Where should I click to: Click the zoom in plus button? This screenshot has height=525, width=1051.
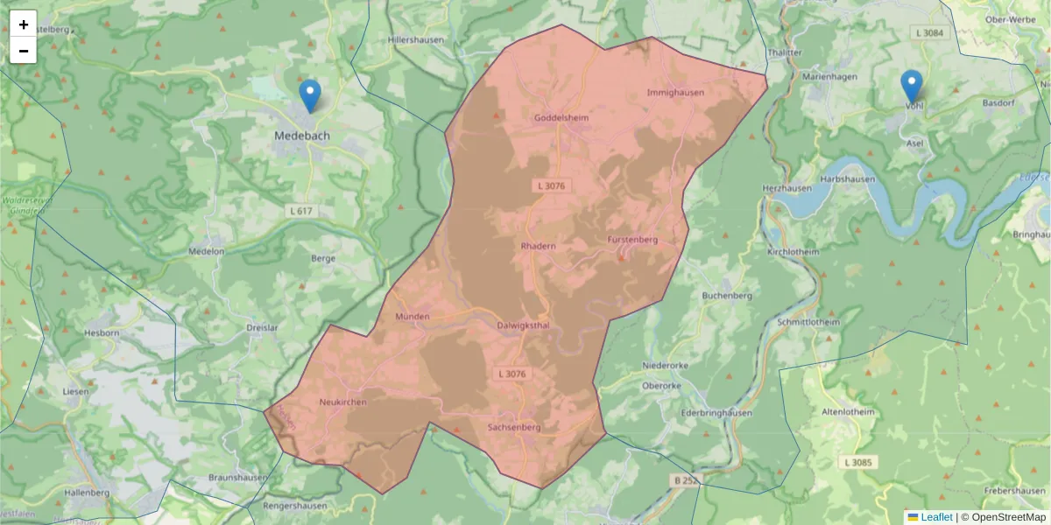[24, 24]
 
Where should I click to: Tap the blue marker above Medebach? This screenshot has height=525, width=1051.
[309, 94]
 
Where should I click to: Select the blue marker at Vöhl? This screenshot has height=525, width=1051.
[912, 86]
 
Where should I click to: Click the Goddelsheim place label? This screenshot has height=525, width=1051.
[561, 117]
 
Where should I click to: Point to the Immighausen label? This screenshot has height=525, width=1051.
[674, 92]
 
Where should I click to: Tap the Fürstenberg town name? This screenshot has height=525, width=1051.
[631, 239]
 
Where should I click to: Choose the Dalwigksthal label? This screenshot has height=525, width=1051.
[522, 325]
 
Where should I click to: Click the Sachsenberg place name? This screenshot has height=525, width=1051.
[514, 428]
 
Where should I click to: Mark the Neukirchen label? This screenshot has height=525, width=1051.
[342, 402]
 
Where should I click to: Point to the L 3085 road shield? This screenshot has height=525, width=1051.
[858, 462]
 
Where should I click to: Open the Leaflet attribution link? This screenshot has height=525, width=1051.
[936, 517]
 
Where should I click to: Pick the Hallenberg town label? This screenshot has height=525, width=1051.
[86, 493]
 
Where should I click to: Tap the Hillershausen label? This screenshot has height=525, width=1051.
[416, 39]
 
